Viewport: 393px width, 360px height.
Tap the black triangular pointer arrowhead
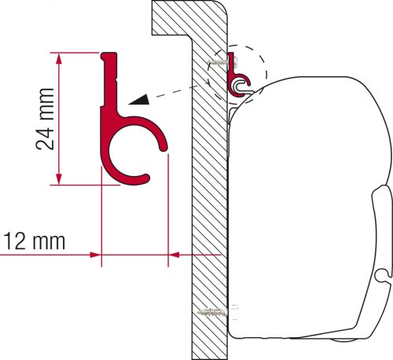[x=141, y=98]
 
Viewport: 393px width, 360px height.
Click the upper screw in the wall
[x=215, y=64]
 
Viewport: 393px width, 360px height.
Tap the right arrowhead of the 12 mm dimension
[x=174, y=254]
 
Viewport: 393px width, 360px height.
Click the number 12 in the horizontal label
[x=17, y=238]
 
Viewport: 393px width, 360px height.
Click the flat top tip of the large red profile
[x=109, y=54]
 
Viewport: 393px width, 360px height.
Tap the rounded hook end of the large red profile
[x=164, y=144]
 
